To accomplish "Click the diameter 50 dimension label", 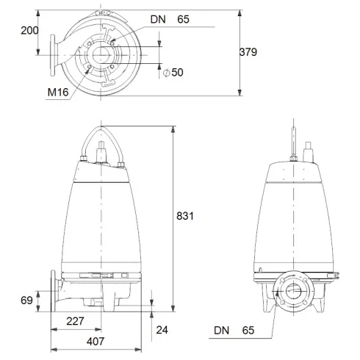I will tap(176, 72).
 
